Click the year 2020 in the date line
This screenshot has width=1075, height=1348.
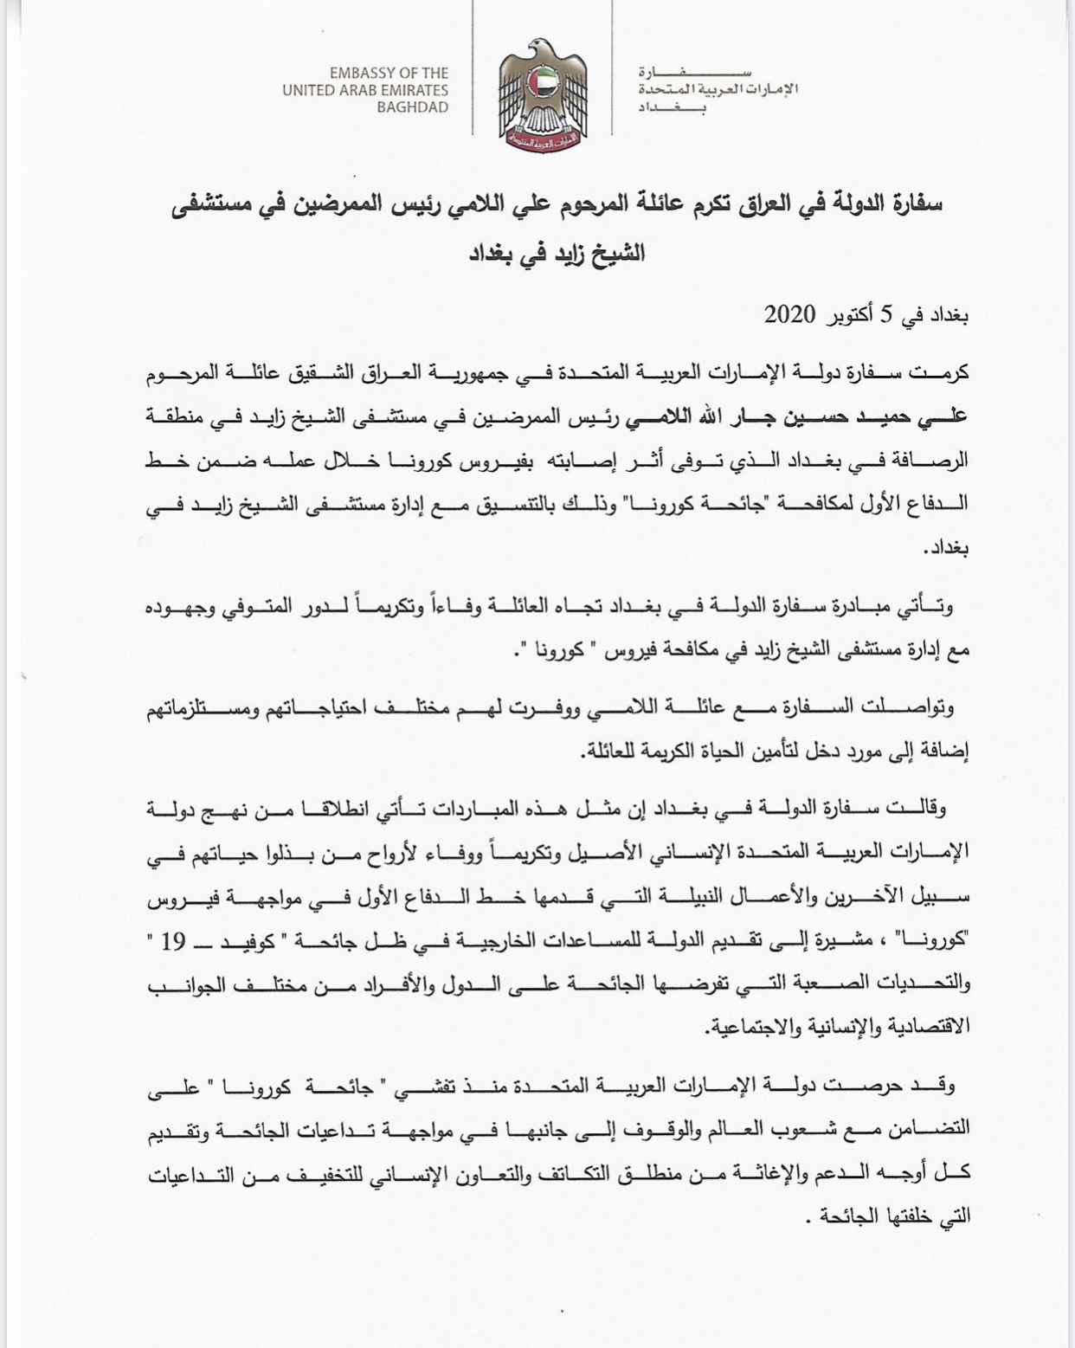(x=789, y=315)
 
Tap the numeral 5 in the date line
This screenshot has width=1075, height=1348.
(x=886, y=315)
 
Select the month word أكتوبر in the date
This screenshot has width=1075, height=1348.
(x=846, y=316)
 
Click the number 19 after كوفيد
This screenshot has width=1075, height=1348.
(x=173, y=942)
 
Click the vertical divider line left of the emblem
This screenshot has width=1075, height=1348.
(x=473, y=68)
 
